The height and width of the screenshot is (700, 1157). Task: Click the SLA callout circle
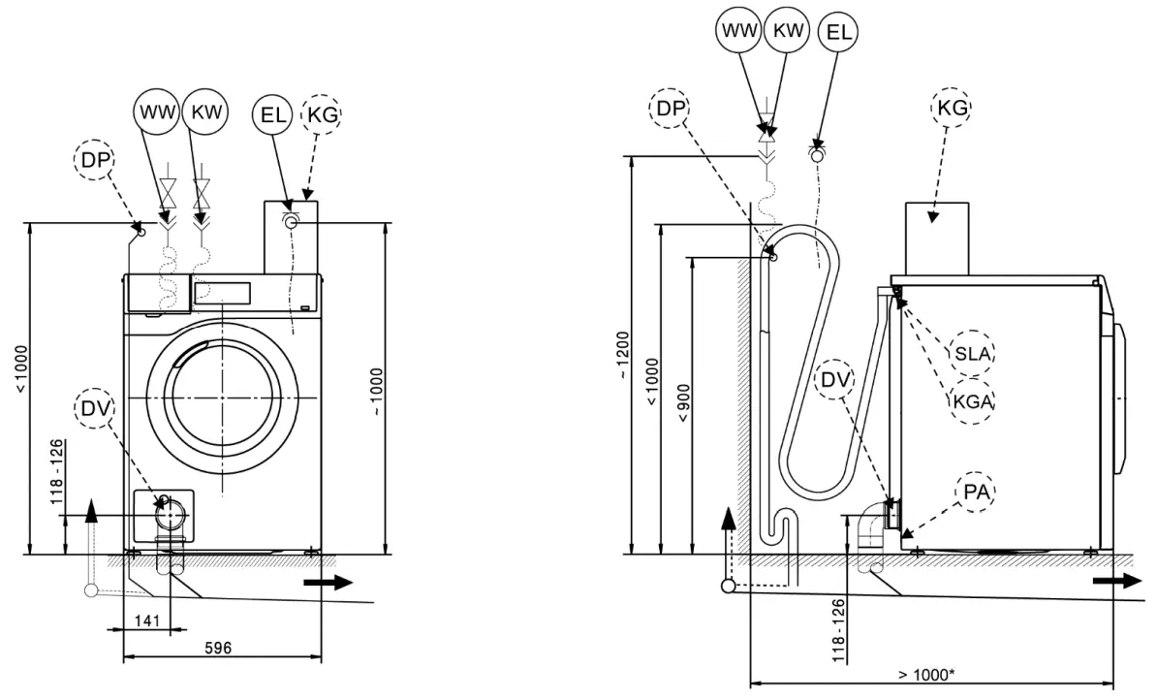coord(972,354)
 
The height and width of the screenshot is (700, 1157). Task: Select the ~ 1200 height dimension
coord(621,356)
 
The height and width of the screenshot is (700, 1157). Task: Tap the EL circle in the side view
coord(838,31)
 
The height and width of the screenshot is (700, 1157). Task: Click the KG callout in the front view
coord(324,113)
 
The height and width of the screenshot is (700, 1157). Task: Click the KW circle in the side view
coord(786,31)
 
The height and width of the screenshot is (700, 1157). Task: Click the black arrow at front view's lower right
coord(328,583)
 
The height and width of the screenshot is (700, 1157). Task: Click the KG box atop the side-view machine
coord(936,238)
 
